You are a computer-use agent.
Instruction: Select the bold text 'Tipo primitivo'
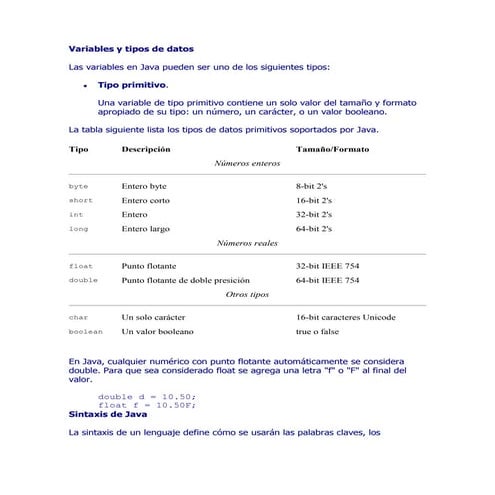pyautogui.click(x=132, y=86)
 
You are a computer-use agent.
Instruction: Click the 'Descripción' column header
pyautogui.click(x=145, y=149)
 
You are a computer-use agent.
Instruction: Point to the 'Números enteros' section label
pyautogui.click(x=247, y=163)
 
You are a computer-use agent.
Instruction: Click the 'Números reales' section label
pyautogui.click(x=247, y=243)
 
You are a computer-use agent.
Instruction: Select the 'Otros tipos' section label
pyautogui.click(x=247, y=295)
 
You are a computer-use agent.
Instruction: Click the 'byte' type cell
pyautogui.click(x=79, y=187)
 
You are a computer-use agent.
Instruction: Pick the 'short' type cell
pyautogui.click(x=81, y=201)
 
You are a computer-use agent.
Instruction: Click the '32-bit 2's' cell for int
pyautogui.click(x=314, y=215)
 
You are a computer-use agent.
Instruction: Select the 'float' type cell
pyautogui.click(x=81, y=267)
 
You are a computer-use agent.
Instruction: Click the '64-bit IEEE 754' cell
pyautogui.click(x=328, y=281)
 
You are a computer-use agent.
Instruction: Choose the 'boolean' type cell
pyautogui.click(x=85, y=331)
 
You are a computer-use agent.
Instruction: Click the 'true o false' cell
pyautogui.click(x=317, y=331)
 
